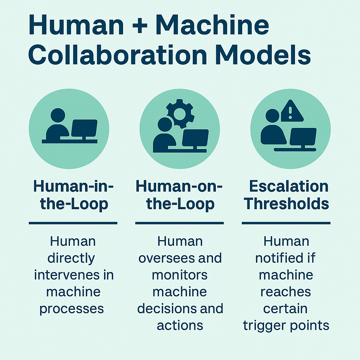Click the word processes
pyautogui.click(x=72, y=308)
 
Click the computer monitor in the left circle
pyautogui.click(x=84, y=129)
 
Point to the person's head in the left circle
pyautogui.click(x=58, y=115)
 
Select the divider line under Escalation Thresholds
pyautogui.click(x=286, y=223)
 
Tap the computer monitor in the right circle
pyautogui.click(x=303, y=137)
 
